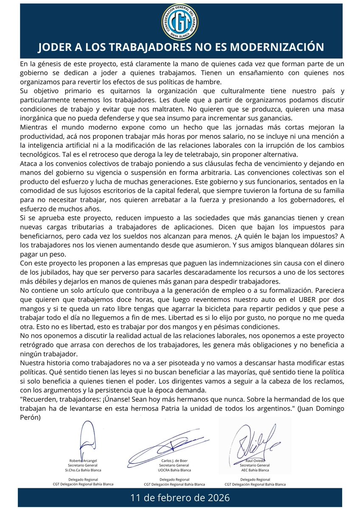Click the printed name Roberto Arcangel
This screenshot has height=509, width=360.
(x=83, y=460)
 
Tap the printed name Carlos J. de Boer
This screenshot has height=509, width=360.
(x=174, y=460)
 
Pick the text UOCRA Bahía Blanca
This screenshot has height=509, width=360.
(x=174, y=470)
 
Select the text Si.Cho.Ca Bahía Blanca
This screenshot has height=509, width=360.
(x=83, y=470)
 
